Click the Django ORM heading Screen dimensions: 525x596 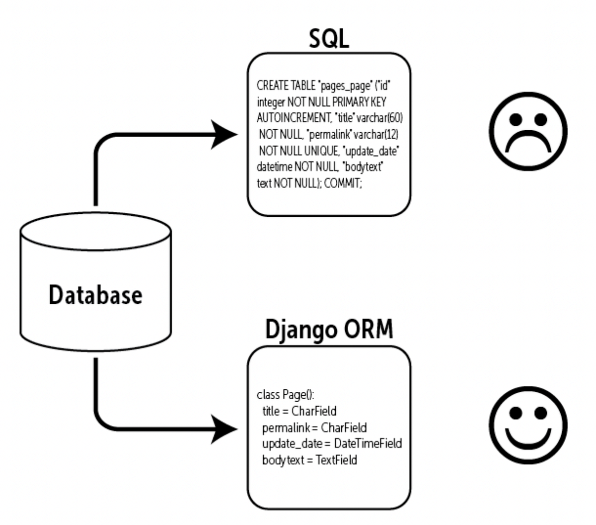click(x=329, y=329)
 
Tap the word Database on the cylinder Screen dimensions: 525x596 click(x=95, y=295)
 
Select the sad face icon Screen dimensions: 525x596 click(x=528, y=131)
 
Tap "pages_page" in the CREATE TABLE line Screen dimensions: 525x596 click(x=345, y=86)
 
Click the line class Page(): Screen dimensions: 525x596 click(x=285, y=395)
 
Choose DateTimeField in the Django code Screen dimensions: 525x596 click(x=368, y=443)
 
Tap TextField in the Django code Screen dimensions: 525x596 click(x=336, y=460)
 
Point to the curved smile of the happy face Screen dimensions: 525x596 click(x=528, y=439)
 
